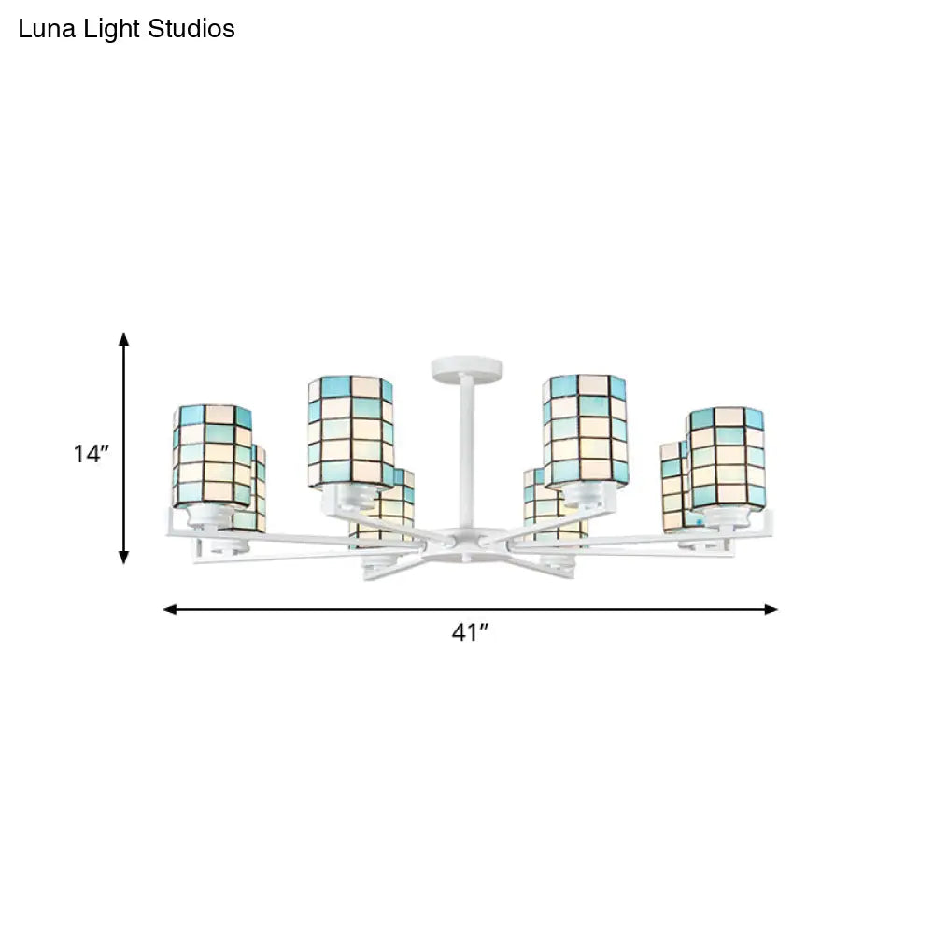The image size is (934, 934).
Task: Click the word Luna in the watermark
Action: click(42, 30)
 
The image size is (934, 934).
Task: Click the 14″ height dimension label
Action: click(92, 455)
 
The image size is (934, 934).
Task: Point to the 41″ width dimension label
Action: click(471, 633)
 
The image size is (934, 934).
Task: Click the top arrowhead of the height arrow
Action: click(123, 338)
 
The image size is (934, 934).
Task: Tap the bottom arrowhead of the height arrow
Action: click(123, 558)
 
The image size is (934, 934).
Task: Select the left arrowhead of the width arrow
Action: click(170, 609)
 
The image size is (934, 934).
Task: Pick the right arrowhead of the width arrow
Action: click(771, 609)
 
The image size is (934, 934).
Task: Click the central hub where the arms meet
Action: click(465, 540)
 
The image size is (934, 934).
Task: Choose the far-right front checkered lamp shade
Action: click(727, 458)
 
